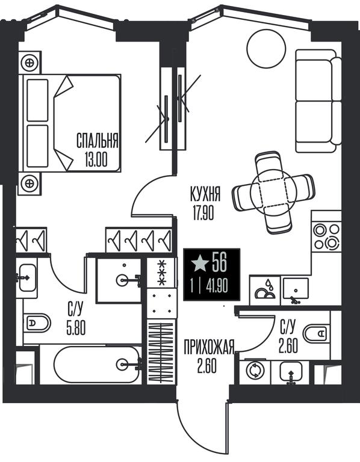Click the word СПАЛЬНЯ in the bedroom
click(x=98, y=141)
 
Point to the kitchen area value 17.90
click(x=203, y=213)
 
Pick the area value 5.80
click(x=76, y=328)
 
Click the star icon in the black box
click(x=200, y=263)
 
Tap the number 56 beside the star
click(x=219, y=262)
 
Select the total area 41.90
click(x=217, y=286)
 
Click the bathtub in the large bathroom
click(x=98, y=365)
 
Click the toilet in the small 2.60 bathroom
click(x=317, y=334)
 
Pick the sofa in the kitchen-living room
click(x=318, y=101)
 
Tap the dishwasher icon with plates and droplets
click(x=265, y=290)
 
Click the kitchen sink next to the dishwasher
click(x=296, y=291)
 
